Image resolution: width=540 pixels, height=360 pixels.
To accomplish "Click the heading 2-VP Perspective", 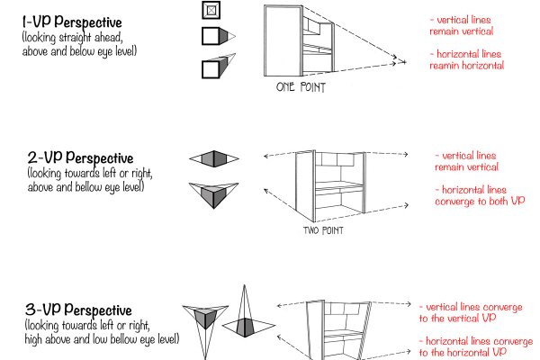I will (x=80, y=158).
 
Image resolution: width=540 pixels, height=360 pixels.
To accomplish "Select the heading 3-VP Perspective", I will (x=80, y=310).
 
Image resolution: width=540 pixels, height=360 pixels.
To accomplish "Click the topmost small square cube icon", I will (x=210, y=11).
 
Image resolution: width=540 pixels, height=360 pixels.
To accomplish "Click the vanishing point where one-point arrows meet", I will (x=396, y=62).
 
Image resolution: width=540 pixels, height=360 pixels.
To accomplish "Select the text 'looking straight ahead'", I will (x=63, y=38).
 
